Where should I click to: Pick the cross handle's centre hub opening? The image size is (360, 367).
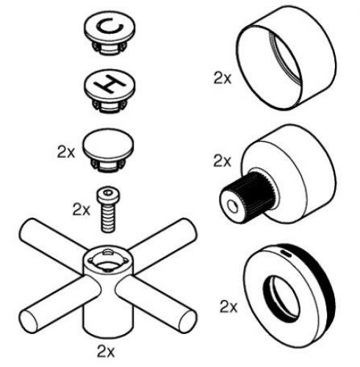(x=105, y=261)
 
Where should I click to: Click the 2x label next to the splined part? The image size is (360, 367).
(x=222, y=159)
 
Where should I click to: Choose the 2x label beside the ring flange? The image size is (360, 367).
(x=228, y=304)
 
